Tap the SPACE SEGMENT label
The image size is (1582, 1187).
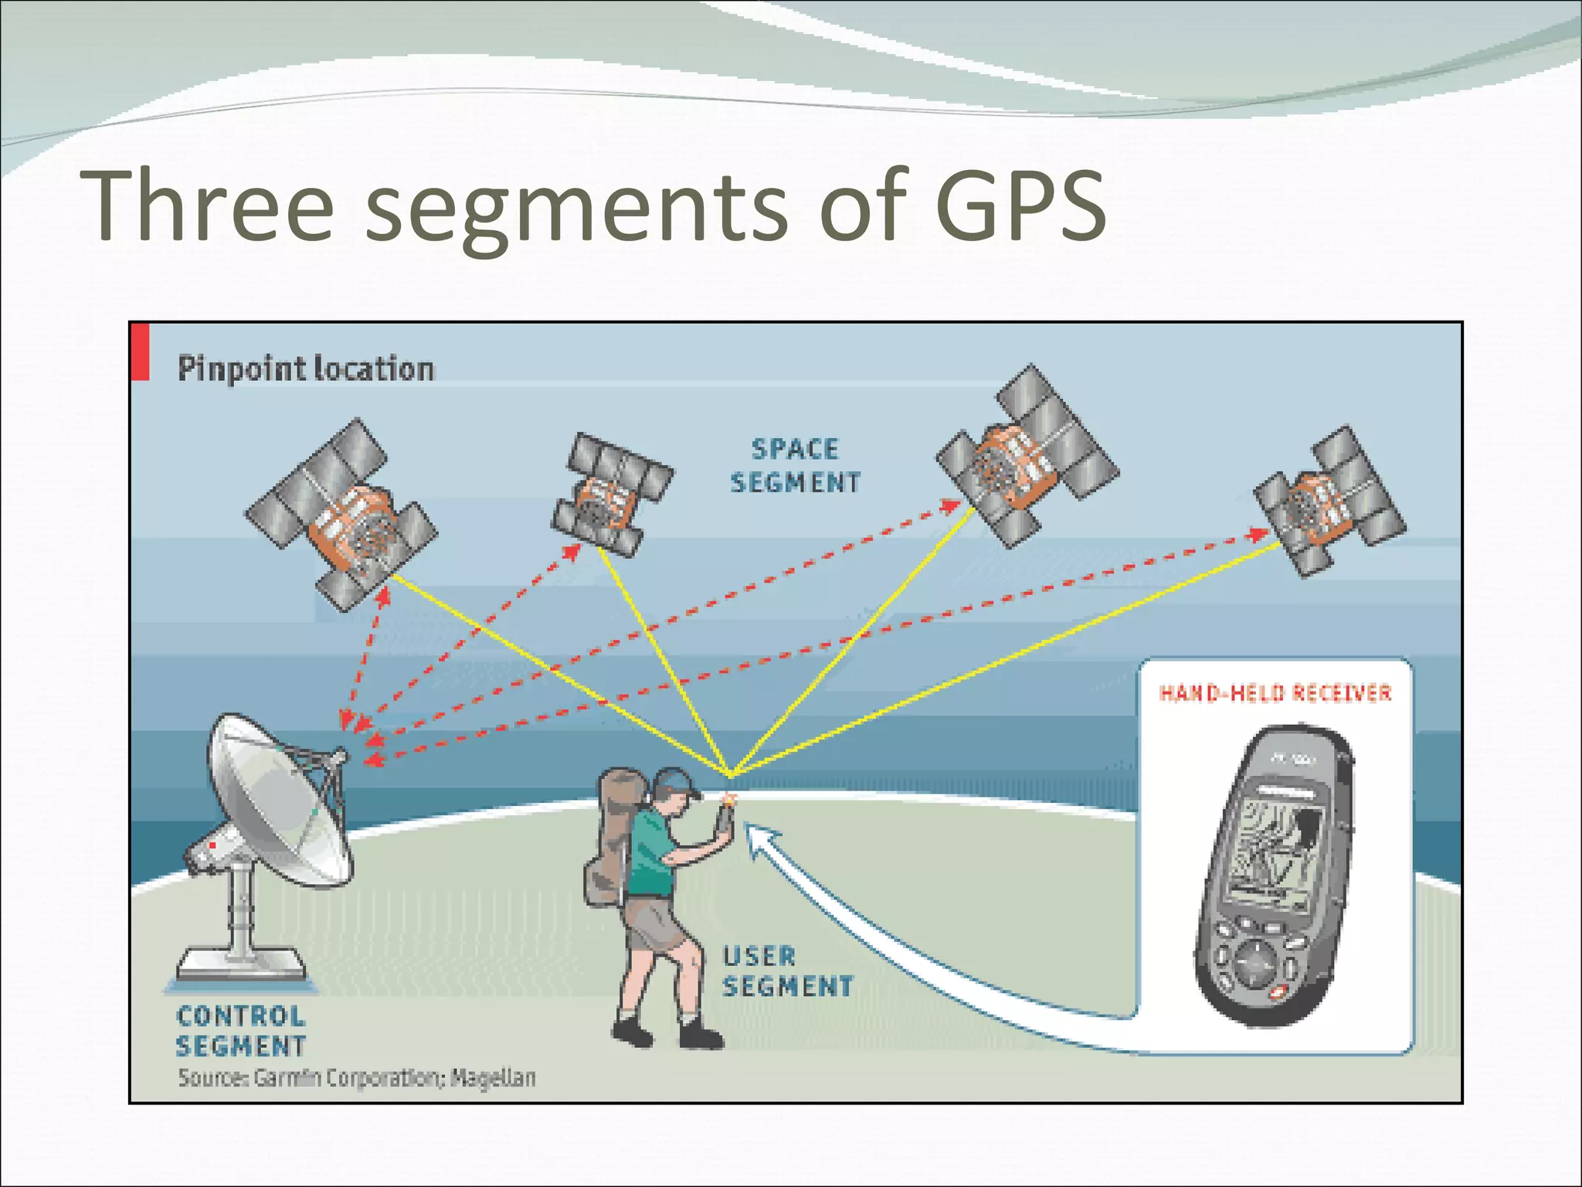(796, 466)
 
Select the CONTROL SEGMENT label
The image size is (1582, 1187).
(241, 1031)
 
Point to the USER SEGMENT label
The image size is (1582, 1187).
(786, 971)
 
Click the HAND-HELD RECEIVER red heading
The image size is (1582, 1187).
(1275, 693)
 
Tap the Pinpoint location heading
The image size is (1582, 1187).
(306, 369)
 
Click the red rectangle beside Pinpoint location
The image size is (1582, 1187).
(140, 352)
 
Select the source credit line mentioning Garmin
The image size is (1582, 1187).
(357, 1077)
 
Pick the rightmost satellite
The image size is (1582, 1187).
(1329, 500)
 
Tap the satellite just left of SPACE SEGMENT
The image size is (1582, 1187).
(611, 495)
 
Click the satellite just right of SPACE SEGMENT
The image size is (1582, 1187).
(1027, 456)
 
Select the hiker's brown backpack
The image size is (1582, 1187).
(614, 835)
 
